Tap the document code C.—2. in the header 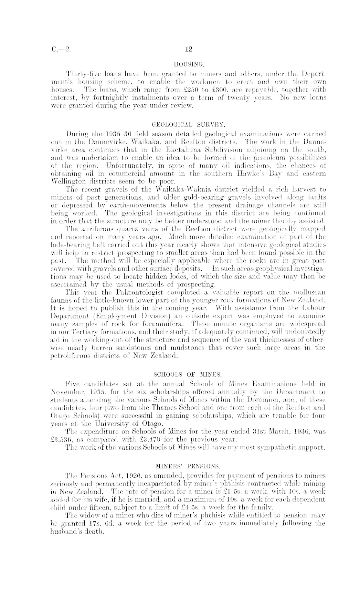point(60,49)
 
